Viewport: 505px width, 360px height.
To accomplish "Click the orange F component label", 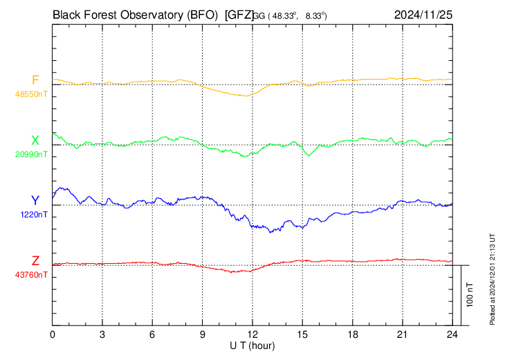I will pyautogui.click(x=35, y=80).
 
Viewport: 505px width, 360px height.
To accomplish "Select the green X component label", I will pyautogui.click(x=35, y=141).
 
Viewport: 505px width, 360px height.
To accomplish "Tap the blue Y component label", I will pyautogui.click(x=35, y=201).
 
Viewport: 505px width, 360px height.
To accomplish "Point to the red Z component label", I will pyautogui.click(x=35, y=260).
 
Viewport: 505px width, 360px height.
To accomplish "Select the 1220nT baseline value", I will pyautogui.click(x=33, y=215).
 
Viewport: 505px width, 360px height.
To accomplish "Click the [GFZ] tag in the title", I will pyautogui.click(x=239, y=13).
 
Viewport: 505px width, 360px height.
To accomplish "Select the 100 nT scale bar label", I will pyautogui.click(x=470, y=294).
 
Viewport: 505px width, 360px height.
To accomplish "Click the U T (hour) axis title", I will pyautogui.click(x=253, y=345).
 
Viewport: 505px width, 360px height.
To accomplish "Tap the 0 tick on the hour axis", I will pyautogui.click(x=53, y=334).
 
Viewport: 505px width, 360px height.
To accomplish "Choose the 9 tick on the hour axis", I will pyautogui.click(x=203, y=334).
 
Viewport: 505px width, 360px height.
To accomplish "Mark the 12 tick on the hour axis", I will pyautogui.click(x=252, y=334).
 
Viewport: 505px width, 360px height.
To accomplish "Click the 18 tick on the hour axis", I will pyautogui.click(x=353, y=334).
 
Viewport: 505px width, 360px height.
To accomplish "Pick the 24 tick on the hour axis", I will pyautogui.click(x=452, y=334).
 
